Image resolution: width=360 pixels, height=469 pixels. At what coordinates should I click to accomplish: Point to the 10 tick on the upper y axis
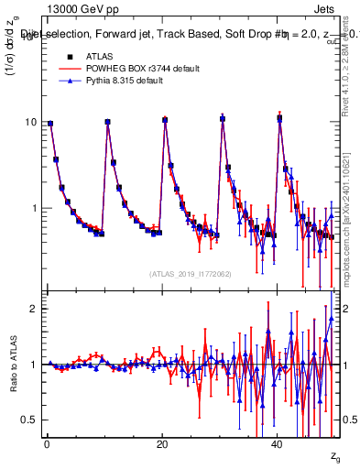[32, 123]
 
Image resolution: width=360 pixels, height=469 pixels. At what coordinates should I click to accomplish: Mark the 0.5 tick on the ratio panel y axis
[30, 420]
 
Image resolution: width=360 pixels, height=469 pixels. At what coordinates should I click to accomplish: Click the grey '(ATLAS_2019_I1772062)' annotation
[191, 274]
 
